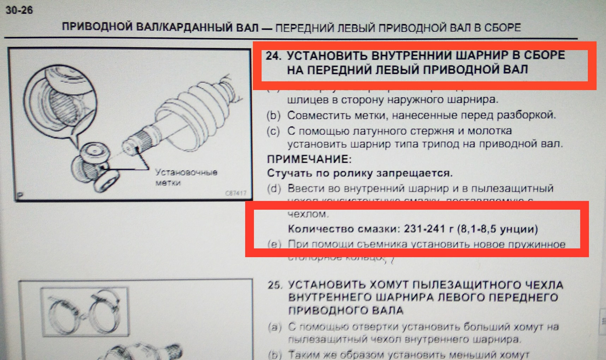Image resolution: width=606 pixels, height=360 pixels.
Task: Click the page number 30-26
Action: [x=19, y=10]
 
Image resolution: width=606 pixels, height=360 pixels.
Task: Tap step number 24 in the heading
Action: [x=273, y=56]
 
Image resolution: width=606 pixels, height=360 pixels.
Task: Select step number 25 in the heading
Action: [x=275, y=285]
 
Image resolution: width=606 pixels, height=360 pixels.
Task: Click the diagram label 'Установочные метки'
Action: [x=186, y=177]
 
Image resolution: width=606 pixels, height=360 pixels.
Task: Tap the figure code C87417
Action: [x=235, y=193]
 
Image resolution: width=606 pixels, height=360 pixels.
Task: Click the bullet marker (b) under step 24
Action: [x=274, y=115]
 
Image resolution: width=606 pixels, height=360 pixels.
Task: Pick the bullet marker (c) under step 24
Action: [x=274, y=131]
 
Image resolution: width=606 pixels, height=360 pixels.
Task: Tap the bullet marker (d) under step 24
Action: [x=274, y=188]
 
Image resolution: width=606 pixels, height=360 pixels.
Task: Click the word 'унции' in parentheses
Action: [x=519, y=229]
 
